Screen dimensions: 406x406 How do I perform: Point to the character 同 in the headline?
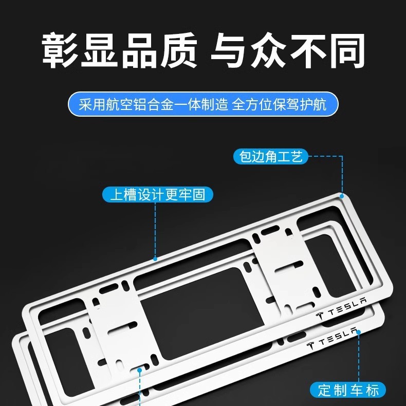click(x=347, y=50)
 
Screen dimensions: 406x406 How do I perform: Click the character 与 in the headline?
click(x=229, y=50)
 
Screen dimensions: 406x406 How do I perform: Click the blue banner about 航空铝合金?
click(x=203, y=104)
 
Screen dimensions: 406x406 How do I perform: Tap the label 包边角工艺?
click(x=270, y=156)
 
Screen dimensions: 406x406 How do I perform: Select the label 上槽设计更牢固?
click(x=158, y=194)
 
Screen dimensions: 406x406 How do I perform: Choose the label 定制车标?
click(x=348, y=390)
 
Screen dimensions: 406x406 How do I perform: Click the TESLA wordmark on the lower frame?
click(x=338, y=336)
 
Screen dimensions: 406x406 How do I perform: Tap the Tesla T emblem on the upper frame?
click(x=320, y=316)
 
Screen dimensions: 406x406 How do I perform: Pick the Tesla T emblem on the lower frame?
click(x=310, y=346)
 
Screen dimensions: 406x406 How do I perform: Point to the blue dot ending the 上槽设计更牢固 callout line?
click(x=155, y=259)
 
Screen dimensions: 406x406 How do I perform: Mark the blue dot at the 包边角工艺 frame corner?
click(x=342, y=196)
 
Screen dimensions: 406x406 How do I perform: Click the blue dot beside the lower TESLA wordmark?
click(x=359, y=332)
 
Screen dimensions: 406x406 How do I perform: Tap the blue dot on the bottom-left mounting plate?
click(x=140, y=370)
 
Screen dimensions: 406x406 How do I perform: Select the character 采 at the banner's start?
click(x=85, y=104)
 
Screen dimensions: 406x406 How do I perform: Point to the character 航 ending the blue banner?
click(x=320, y=104)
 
